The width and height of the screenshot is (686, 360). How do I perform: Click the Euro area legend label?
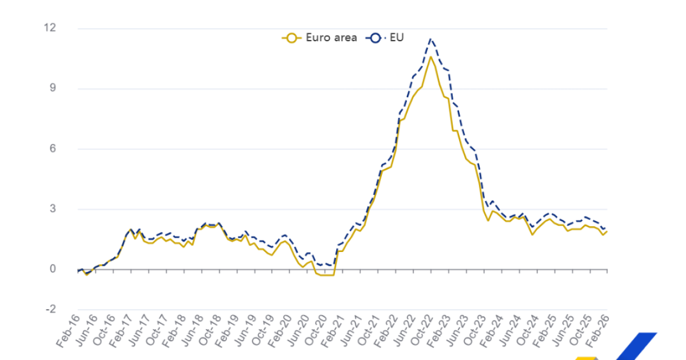coord(331,38)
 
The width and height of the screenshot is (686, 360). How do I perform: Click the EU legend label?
coord(397,38)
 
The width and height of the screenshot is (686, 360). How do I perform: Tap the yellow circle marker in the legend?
coord(292,38)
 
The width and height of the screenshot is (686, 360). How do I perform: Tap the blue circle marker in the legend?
coord(376,38)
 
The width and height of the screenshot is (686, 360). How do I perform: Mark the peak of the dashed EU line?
coord(430,39)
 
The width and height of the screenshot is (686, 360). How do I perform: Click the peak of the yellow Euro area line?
coord(430,57)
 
